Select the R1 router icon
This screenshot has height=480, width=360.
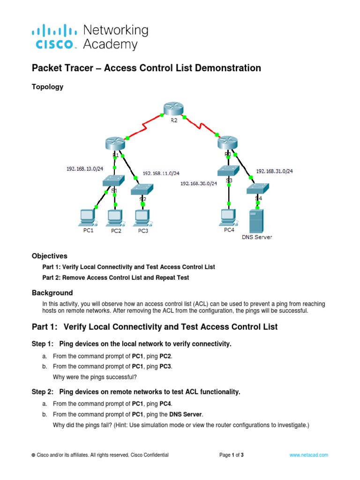coord(114,142)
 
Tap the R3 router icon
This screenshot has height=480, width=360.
coord(228,142)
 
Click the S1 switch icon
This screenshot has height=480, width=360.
coord(113,180)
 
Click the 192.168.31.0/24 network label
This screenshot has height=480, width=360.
coord(275,171)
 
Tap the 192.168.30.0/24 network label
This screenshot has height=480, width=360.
coord(199,184)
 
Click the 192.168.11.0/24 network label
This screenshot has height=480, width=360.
coord(161,173)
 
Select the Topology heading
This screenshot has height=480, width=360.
coord(47,87)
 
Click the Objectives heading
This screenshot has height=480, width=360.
coord(49,256)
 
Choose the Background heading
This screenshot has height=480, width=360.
coord(52,292)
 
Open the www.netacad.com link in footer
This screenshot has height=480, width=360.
coord(309,455)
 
